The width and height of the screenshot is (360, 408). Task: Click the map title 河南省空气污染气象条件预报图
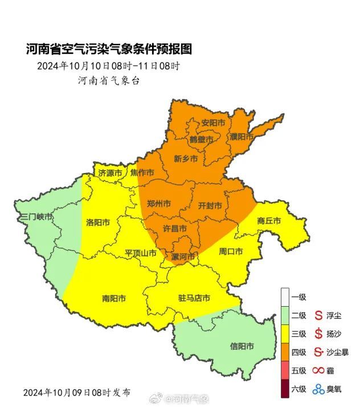109,50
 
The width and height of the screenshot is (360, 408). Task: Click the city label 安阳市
213,123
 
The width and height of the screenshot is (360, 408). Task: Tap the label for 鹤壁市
202,139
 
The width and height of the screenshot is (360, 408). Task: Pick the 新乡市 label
186,159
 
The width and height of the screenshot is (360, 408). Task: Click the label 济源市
110,172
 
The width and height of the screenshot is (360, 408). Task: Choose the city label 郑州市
159,203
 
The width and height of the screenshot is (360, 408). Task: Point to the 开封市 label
210,205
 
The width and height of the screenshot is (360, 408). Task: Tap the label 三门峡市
36,217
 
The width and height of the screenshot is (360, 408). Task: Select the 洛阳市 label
97,222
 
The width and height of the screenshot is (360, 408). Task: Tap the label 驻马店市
194,298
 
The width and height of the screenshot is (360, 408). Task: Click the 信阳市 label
242,346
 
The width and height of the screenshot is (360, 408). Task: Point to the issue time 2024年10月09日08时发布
76,392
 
